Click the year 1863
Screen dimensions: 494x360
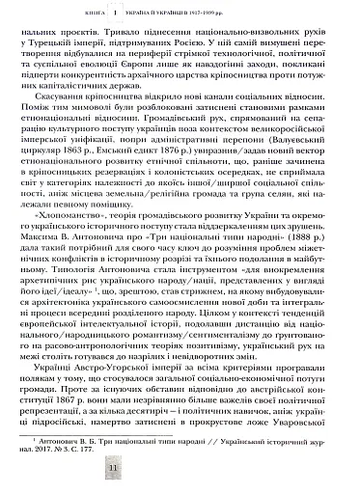85,180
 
